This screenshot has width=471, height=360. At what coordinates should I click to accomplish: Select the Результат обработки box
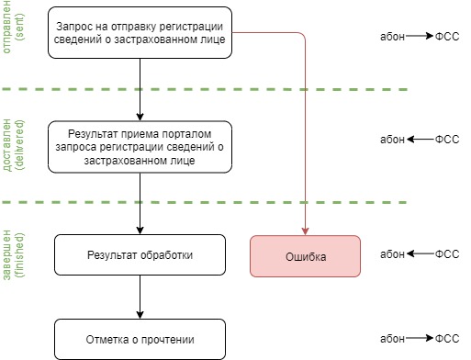click(x=140, y=254)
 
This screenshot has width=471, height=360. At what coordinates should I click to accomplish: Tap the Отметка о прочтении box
click(x=140, y=338)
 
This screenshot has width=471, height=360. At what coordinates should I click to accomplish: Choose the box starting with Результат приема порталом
click(x=140, y=146)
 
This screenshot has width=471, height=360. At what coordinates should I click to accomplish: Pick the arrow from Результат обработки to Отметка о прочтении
click(x=140, y=296)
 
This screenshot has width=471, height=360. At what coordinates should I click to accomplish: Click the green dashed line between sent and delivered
click(x=230, y=89)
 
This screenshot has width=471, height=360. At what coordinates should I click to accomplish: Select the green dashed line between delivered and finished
click(x=230, y=202)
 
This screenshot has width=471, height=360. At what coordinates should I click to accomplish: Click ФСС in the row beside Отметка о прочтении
click(x=446, y=338)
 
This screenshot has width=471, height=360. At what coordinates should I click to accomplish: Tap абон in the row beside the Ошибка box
click(x=392, y=254)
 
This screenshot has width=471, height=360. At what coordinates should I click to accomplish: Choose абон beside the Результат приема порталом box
click(x=392, y=140)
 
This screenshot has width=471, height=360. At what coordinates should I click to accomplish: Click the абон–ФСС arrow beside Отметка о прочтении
click(x=419, y=338)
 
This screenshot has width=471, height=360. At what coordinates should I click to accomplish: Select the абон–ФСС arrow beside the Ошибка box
click(x=419, y=254)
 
